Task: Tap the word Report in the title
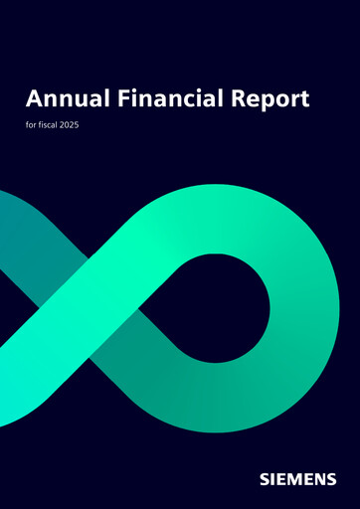click(x=268, y=99)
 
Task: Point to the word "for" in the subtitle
click(x=32, y=126)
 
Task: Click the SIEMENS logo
click(x=297, y=479)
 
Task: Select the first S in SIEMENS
click(x=264, y=479)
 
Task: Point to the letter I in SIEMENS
click(x=272, y=479)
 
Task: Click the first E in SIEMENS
click(x=281, y=479)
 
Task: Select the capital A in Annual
click(x=34, y=98)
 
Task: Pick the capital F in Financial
click(x=116, y=98)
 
